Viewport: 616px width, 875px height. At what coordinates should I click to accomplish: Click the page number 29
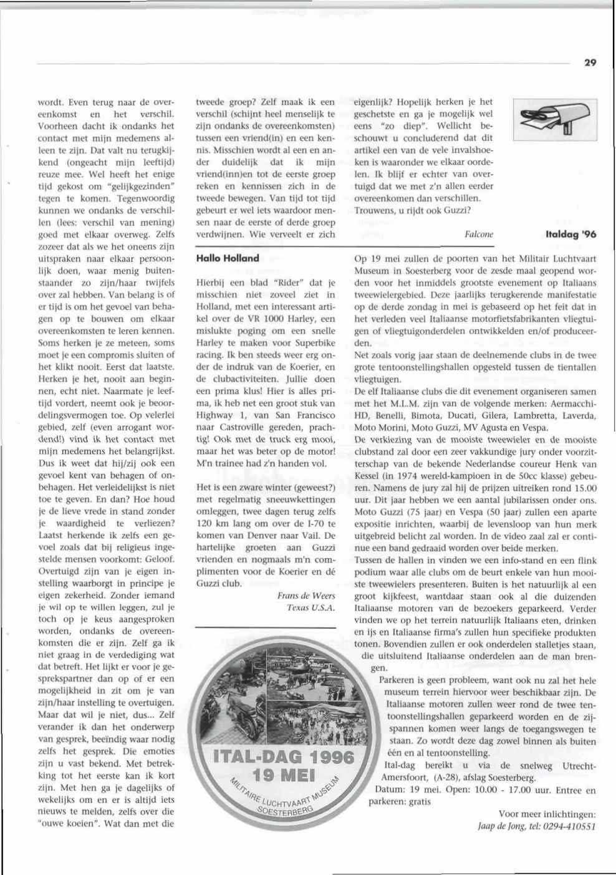coord(590,62)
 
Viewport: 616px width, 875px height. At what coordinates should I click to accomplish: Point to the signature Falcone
coord(479,234)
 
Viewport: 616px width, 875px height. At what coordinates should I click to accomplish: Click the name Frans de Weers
coord(306,596)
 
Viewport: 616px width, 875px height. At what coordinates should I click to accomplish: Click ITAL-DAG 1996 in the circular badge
coord(284,758)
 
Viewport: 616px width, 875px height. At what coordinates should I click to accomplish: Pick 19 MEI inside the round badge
coord(284,780)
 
